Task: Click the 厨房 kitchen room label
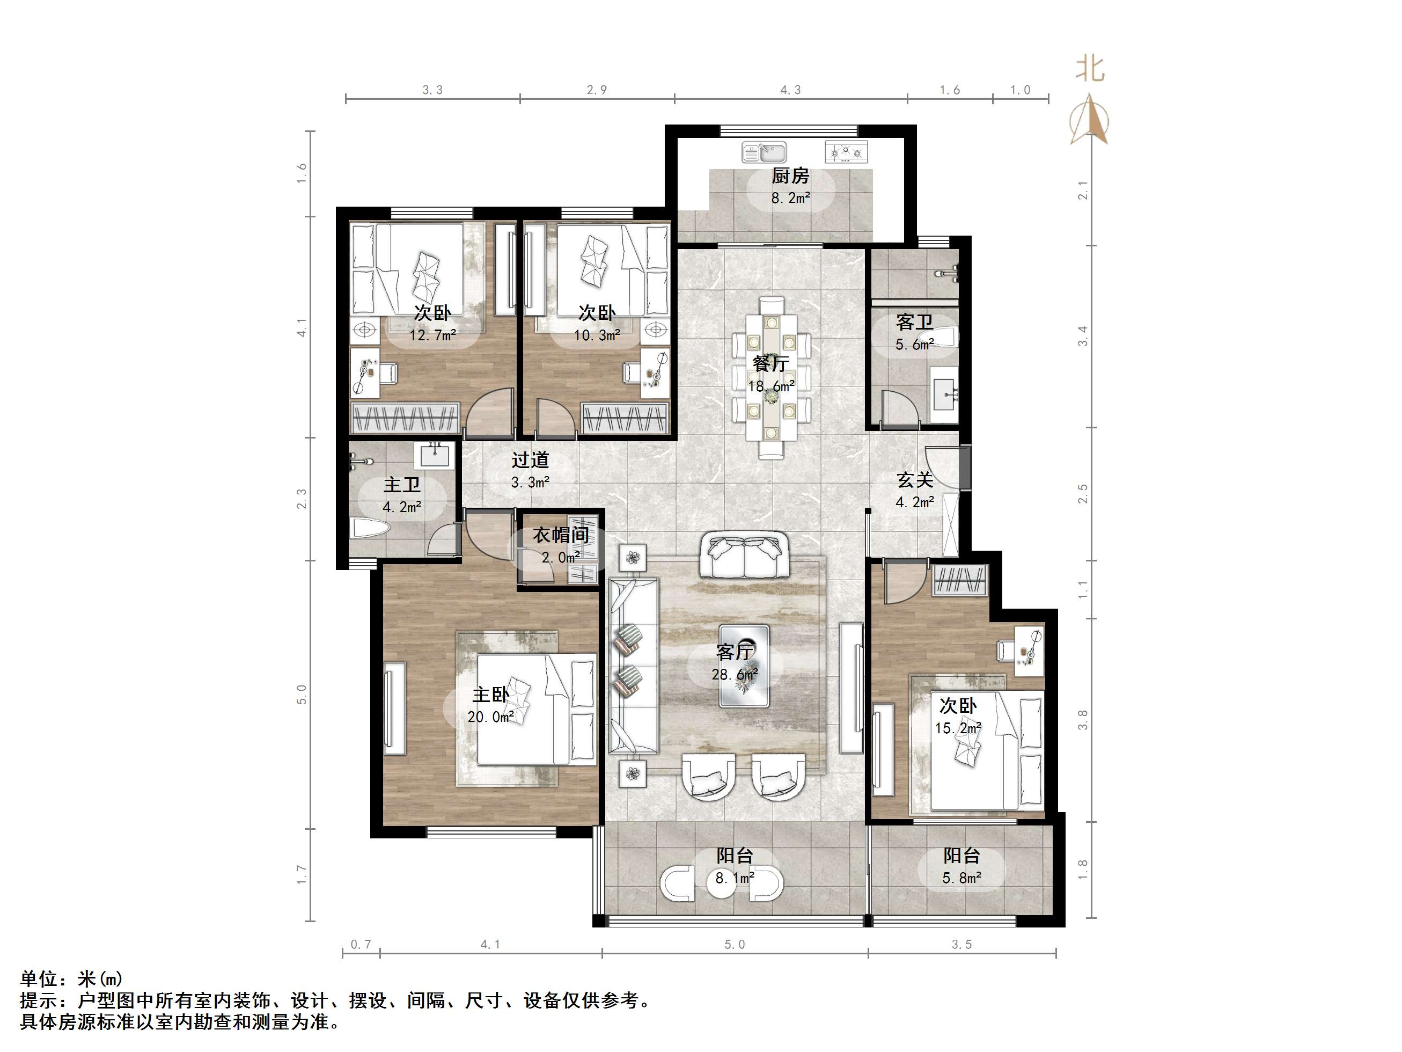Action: pos(790,176)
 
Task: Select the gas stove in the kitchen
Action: pos(846,152)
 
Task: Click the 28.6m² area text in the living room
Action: pos(734,675)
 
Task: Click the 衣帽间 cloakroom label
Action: pos(560,535)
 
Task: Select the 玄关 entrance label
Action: pos(915,481)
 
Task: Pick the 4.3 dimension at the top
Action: pos(790,90)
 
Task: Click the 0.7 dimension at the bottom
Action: pos(361,945)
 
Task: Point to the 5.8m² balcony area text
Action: pos(961,878)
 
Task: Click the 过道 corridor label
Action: pos(530,461)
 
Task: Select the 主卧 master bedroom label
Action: pos(490,695)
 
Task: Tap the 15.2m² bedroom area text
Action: pos(958,728)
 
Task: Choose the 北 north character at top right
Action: pos(1090,69)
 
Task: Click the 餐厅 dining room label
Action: pos(770,364)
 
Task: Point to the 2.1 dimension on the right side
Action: pos(1083,190)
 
